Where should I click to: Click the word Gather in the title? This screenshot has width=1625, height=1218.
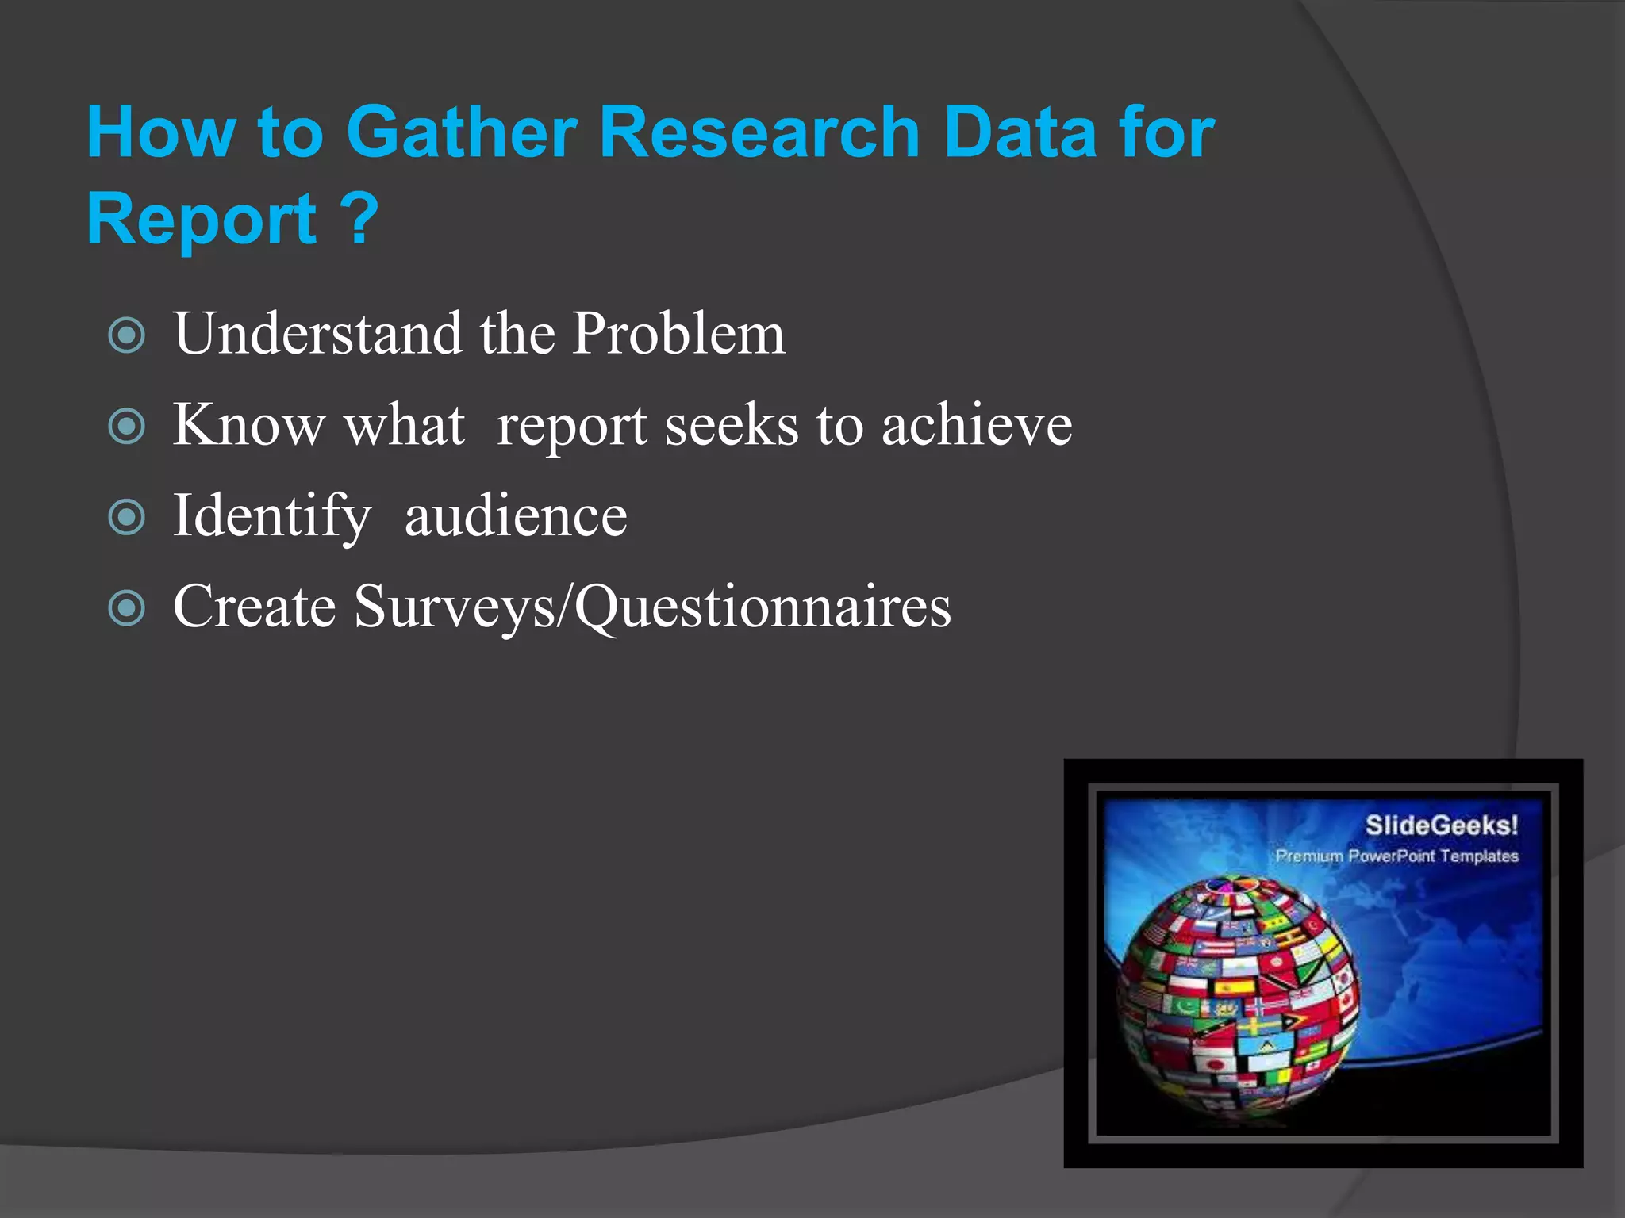[461, 132]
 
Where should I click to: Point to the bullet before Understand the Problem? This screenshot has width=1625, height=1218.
[127, 335]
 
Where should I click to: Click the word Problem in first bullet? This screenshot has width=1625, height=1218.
[678, 333]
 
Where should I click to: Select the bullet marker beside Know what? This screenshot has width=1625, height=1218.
[127, 426]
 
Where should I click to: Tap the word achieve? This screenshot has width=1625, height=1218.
[977, 425]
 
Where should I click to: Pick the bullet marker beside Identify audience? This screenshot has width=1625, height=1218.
[127, 518]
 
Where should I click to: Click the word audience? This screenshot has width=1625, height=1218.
[516, 516]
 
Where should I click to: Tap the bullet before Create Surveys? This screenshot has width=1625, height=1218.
[127, 609]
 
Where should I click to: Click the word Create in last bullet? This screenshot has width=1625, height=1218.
[254, 607]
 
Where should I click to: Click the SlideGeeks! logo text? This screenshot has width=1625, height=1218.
[1441, 825]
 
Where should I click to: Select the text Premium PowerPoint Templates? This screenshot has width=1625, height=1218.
[1396, 856]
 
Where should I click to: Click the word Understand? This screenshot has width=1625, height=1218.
[317, 333]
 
